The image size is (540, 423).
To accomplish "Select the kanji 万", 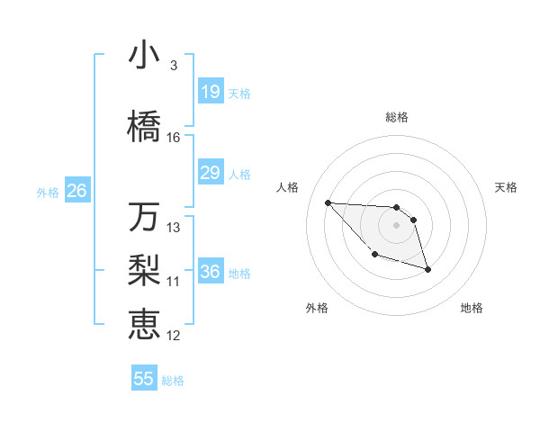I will (x=144, y=217).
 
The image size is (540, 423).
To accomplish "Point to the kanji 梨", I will (x=144, y=269).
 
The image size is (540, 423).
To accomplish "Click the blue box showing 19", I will (x=211, y=92).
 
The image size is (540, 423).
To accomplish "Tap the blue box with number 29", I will (x=211, y=173).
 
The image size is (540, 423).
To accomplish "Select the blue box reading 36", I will (x=211, y=273).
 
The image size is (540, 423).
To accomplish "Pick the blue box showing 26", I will (x=76, y=191).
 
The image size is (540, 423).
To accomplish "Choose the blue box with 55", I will (x=144, y=379).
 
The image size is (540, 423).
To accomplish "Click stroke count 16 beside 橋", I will (x=174, y=138).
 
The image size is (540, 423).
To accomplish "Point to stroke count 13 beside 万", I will (x=174, y=228).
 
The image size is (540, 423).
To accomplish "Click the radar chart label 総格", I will (x=397, y=117).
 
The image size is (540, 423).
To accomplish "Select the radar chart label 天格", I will (x=507, y=187).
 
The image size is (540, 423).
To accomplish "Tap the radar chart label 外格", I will (x=317, y=308).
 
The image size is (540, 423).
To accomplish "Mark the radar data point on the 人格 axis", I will (x=328, y=202).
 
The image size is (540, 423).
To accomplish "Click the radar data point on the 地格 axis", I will (x=427, y=269).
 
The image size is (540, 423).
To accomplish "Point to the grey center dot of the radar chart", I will (x=397, y=225).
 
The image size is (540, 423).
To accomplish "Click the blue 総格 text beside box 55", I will (x=173, y=381).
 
